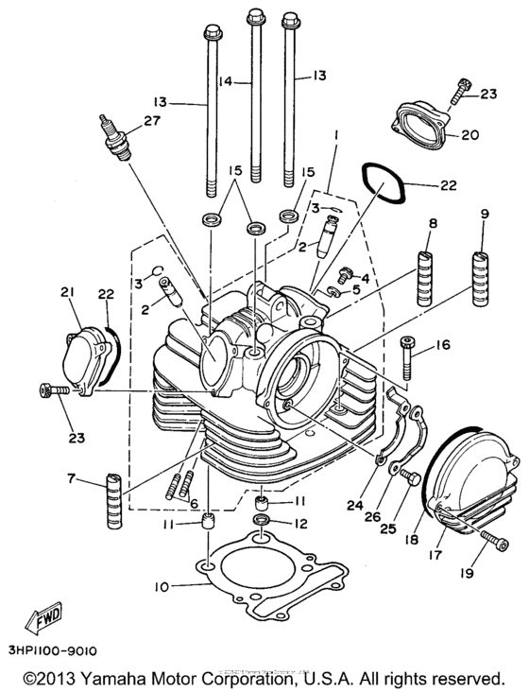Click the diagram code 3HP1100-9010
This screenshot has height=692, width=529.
click(53, 650)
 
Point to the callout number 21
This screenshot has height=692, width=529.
click(67, 292)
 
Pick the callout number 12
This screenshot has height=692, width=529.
click(299, 523)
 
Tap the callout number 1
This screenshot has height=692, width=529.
click(333, 136)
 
